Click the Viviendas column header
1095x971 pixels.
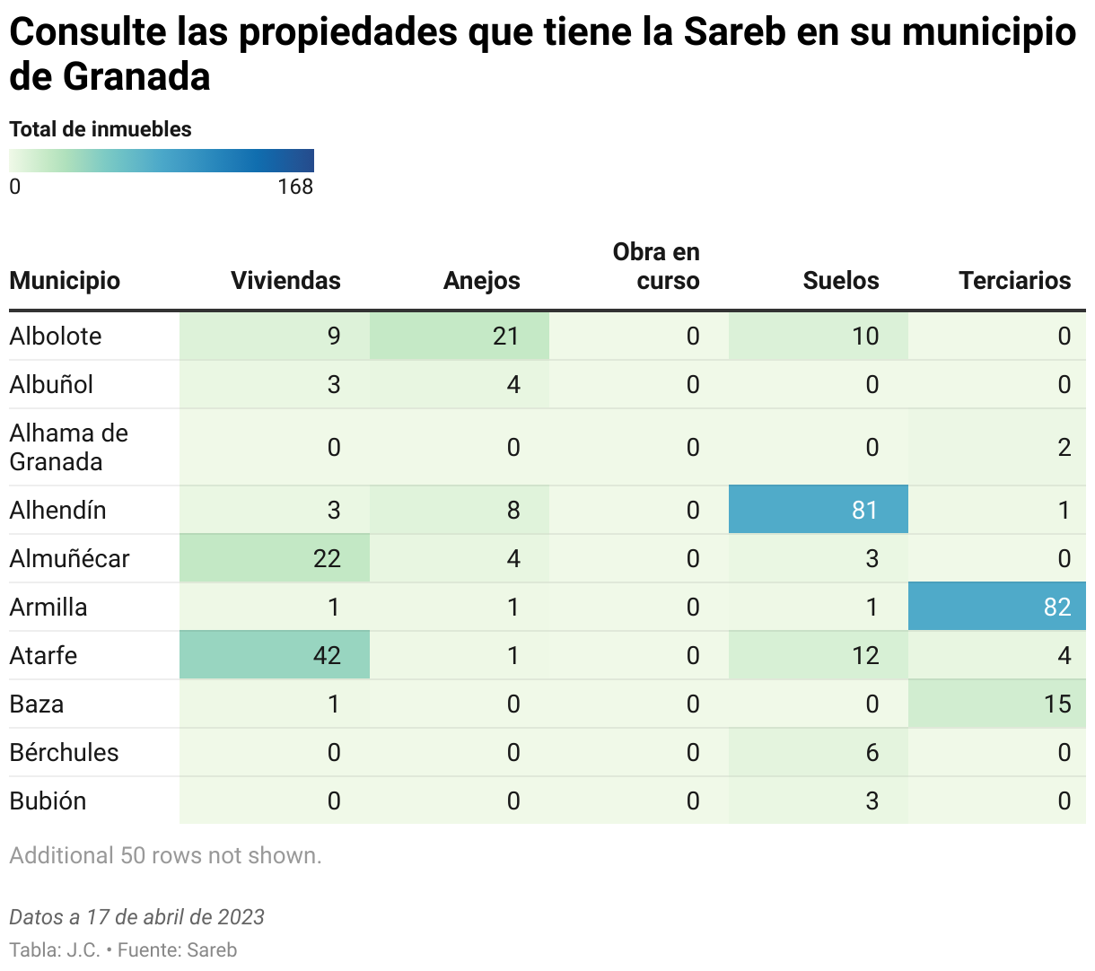pos(285,281)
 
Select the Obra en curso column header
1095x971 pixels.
pos(656,267)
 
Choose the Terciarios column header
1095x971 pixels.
pos(1014,281)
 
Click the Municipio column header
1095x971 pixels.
pos(65,281)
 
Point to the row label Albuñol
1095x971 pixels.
pos(51,384)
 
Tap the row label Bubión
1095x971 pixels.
pos(48,800)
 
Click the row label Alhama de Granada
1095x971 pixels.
pos(68,447)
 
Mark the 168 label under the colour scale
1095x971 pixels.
pos(295,187)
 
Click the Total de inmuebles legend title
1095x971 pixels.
pos(101,129)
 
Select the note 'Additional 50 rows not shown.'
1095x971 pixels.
pos(165,855)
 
